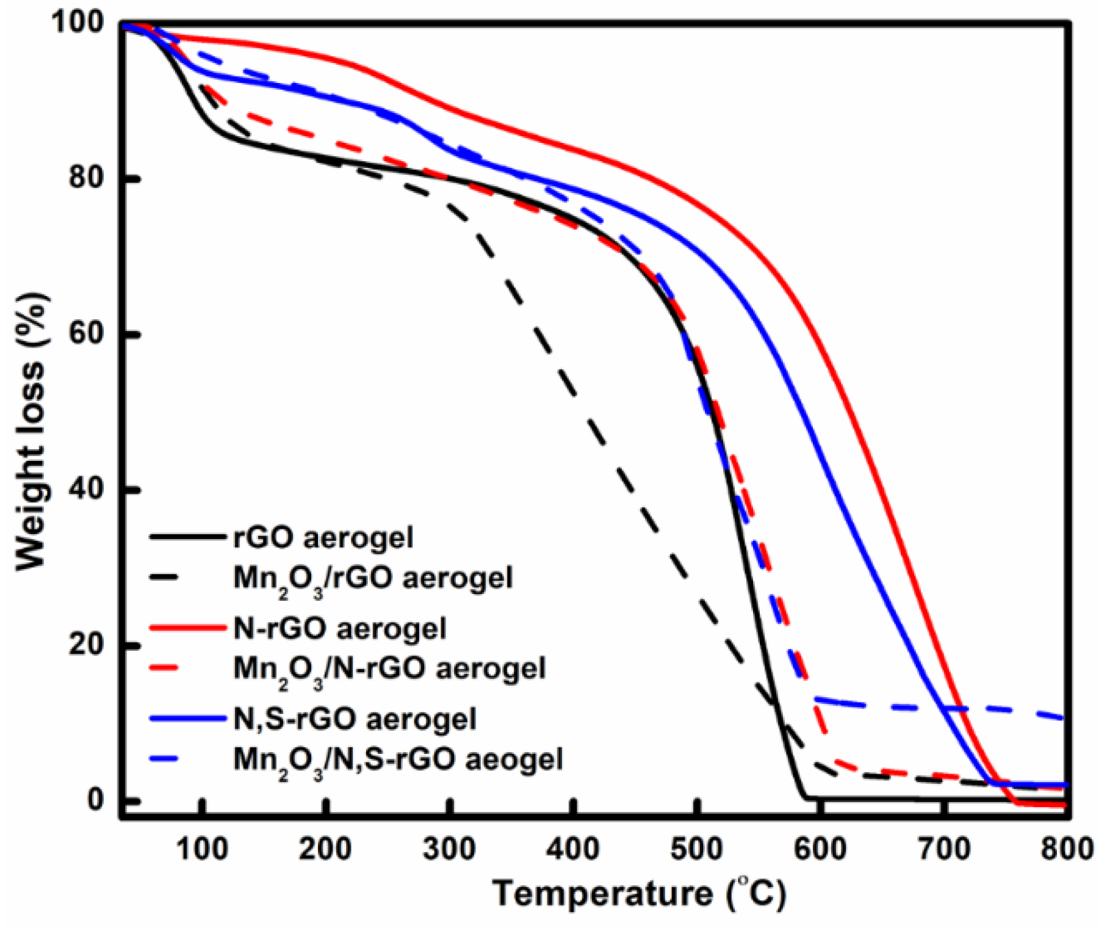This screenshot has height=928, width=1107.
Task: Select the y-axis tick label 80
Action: click(x=89, y=178)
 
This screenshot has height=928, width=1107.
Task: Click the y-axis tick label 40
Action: click(x=89, y=489)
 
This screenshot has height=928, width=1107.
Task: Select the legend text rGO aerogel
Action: click(x=323, y=538)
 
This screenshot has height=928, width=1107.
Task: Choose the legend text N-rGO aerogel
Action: click(x=340, y=628)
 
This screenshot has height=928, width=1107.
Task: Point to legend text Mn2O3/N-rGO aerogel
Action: click(x=389, y=670)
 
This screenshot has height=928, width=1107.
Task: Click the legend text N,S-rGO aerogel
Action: click(x=355, y=719)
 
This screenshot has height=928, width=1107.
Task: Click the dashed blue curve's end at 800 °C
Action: click(x=1065, y=718)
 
